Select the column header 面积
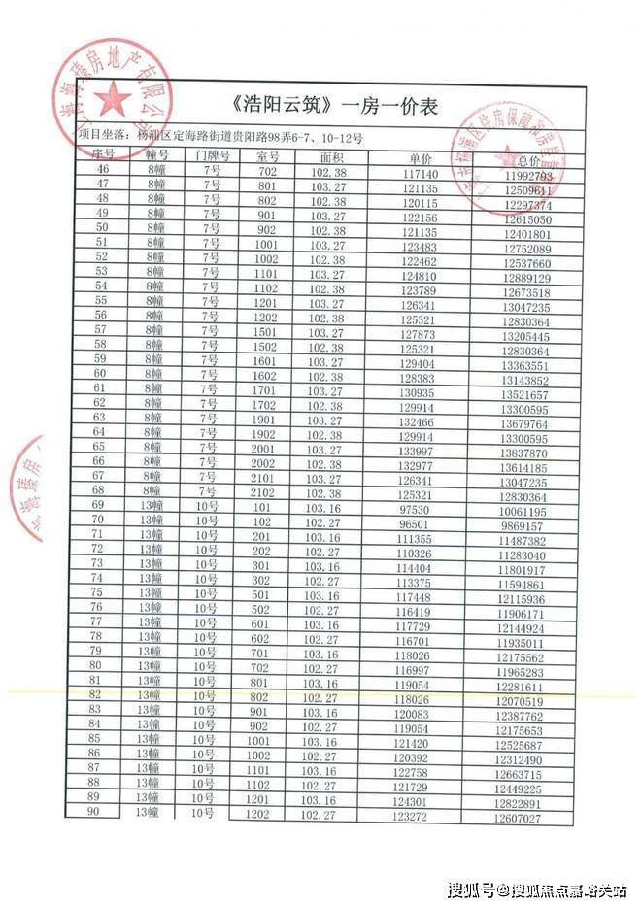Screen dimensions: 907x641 pyautogui.click(x=332, y=155)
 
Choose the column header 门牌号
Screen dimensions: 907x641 pyautogui.click(x=212, y=155)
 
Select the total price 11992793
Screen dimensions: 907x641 pyautogui.click(x=529, y=177)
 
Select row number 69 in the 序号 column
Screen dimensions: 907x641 pyautogui.click(x=98, y=506)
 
